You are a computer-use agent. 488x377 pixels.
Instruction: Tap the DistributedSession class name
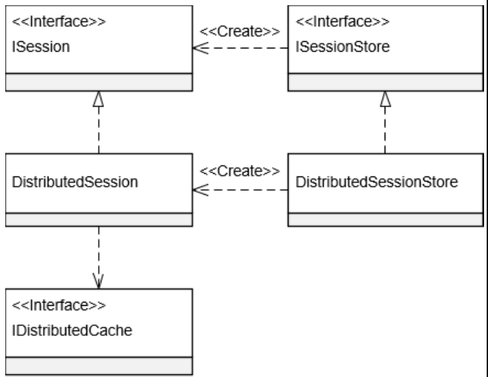click(75, 182)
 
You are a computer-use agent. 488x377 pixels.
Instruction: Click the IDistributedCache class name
click(73, 331)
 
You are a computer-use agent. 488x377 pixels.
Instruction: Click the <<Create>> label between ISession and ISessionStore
click(239, 31)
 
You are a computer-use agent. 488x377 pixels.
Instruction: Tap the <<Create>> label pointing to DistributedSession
click(239, 171)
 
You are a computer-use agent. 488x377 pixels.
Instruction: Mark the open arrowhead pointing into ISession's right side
click(199, 48)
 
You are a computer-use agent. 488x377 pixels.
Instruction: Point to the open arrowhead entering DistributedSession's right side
click(199, 190)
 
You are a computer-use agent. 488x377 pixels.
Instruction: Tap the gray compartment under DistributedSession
click(99, 219)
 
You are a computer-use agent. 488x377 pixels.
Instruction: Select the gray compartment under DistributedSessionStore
click(385, 219)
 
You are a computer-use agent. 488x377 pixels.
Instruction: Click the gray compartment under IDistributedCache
click(99, 365)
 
